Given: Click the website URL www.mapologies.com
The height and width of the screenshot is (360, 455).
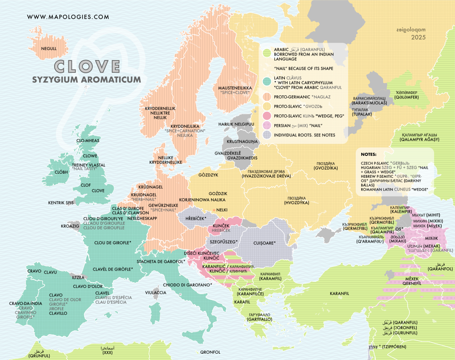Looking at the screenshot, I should [68, 17].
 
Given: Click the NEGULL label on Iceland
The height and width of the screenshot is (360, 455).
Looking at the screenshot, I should [49, 49].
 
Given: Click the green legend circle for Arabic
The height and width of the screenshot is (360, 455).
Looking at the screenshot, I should [267, 53].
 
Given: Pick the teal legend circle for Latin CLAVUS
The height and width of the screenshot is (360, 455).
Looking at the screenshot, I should [267, 82].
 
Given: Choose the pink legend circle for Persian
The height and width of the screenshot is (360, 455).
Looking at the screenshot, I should [267, 125].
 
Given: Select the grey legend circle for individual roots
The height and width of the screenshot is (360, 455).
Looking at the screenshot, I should [267, 135].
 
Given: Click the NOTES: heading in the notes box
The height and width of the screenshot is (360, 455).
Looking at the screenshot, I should [369, 154].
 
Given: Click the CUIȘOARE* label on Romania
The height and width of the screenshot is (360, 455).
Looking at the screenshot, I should [262, 243].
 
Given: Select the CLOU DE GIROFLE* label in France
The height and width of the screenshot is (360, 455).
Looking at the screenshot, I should [112, 243].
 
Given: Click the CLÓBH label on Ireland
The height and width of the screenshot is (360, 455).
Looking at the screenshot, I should [61, 173].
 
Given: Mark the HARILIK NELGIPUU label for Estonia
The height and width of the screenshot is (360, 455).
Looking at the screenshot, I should [235, 124].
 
